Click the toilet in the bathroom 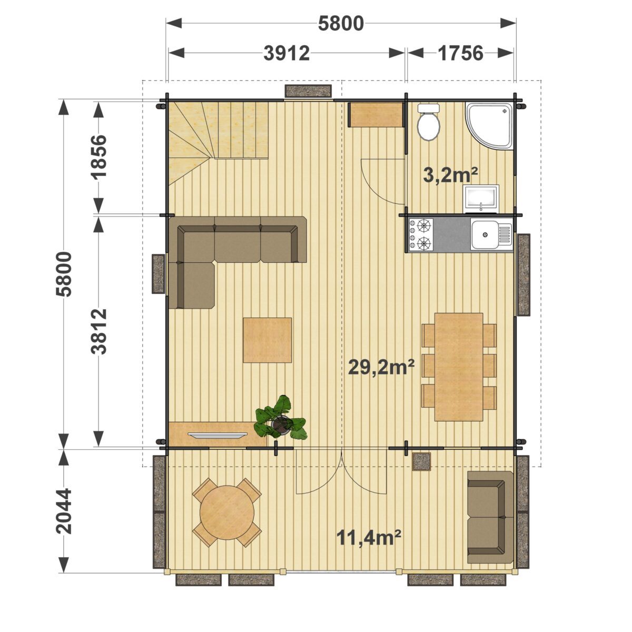[428, 123]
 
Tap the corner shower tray [489, 126]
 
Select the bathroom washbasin [481, 199]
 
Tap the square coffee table [268, 340]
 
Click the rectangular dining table [459, 367]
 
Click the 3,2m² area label [450, 176]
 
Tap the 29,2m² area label [381, 367]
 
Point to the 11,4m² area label [369, 538]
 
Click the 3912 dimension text [287, 53]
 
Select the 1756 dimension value [460, 53]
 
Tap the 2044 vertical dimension [64, 511]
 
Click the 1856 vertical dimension [98, 156]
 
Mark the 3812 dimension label [98, 331]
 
